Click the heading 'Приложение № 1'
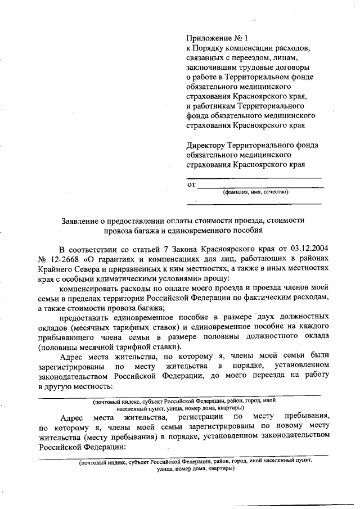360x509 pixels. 217,38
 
